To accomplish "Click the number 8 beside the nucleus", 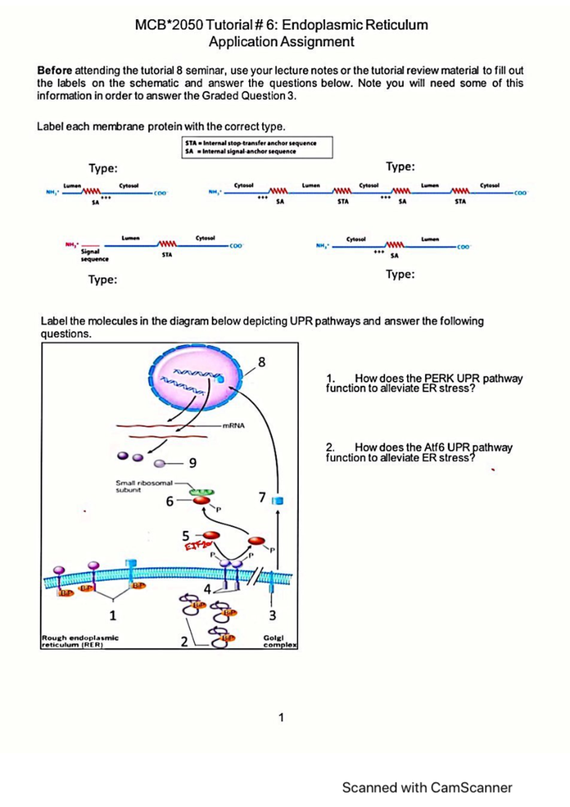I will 262,362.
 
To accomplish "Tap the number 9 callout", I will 192,462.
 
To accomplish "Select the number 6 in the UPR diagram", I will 170,501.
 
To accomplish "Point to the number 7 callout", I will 262,497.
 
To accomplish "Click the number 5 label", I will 186,536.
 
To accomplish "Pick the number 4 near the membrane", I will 207,589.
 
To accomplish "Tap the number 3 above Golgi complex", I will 272,615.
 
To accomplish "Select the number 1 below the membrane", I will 113,615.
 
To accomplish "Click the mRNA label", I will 234,425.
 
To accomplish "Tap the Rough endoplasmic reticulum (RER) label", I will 80,641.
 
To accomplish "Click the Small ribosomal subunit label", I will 143,486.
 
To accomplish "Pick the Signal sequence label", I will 94,255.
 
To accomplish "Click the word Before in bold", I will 55,70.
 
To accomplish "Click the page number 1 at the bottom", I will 281,717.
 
